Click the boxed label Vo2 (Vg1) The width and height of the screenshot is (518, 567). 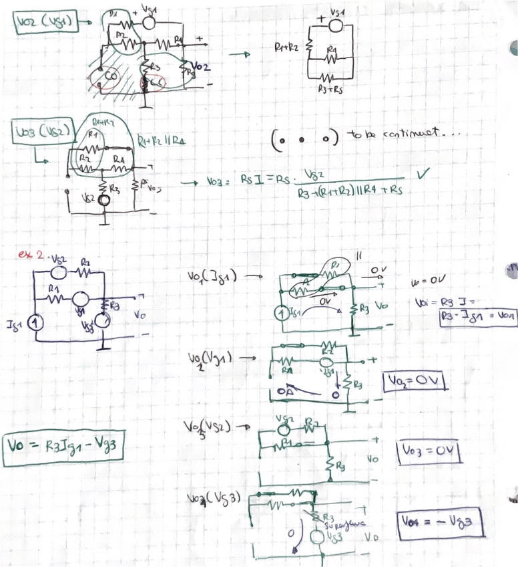coord(43,23)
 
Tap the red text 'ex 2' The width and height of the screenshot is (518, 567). coord(31,254)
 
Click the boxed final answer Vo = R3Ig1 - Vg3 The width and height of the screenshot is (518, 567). coord(64,445)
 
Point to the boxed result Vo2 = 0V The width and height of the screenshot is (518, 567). coord(414,382)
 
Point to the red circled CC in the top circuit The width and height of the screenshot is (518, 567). coord(156,84)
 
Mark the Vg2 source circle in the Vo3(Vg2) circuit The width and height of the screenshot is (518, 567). coord(104,199)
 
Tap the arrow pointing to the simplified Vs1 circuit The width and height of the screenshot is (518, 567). coord(240,55)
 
